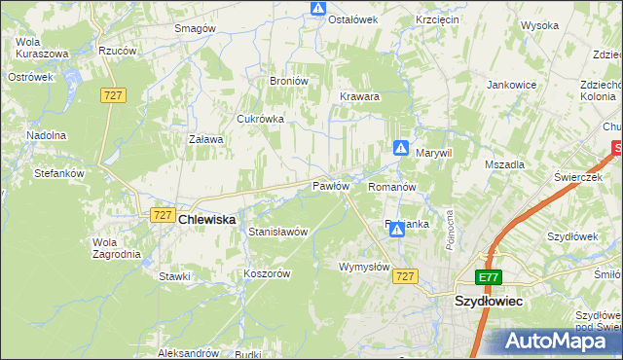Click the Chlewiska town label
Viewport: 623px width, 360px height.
(207, 221)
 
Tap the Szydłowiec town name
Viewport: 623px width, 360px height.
(489, 302)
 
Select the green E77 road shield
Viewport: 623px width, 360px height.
(490, 277)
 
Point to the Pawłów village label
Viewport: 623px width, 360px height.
(330, 186)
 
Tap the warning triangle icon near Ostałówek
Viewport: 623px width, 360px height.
(318, 9)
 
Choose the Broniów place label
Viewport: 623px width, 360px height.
(289, 81)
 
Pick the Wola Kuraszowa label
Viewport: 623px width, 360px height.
(41, 48)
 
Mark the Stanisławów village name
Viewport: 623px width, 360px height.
(278, 233)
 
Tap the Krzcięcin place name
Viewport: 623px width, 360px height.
(437, 19)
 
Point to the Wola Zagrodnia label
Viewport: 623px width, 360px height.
(116, 248)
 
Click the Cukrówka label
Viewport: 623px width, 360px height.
(260, 119)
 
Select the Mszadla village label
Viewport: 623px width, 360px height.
(504, 165)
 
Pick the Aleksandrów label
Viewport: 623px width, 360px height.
(188, 353)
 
